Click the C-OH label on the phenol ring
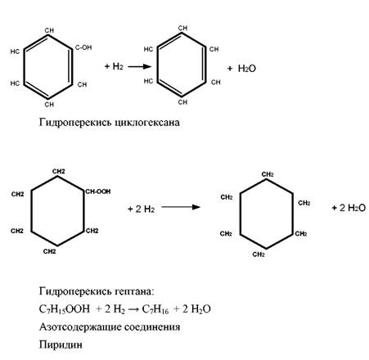(x=83, y=47)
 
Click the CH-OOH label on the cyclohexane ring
(x=98, y=191)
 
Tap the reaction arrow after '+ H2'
(x=140, y=66)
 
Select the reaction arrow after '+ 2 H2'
(x=181, y=207)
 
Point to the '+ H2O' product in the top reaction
(x=241, y=69)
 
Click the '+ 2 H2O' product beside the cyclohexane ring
(x=349, y=208)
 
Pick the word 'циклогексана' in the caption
(x=147, y=122)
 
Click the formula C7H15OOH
(x=65, y=309)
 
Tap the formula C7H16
(x=155, y=309)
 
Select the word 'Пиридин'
(x=61, y=344)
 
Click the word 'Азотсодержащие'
(x=80, y=326)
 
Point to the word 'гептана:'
(x=134, y=291)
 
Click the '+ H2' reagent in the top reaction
(x=114, y=66)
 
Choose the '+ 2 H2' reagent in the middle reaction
(x=141, y=209)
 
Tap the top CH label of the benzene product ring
(x=182, y=28)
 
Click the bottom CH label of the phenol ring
(x=49, y=104)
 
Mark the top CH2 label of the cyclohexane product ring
(x=268, y=174)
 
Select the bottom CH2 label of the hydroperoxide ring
(x=50, y=251)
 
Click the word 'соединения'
(x=152, y=326)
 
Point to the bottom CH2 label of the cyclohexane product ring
(x=259, y=254)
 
